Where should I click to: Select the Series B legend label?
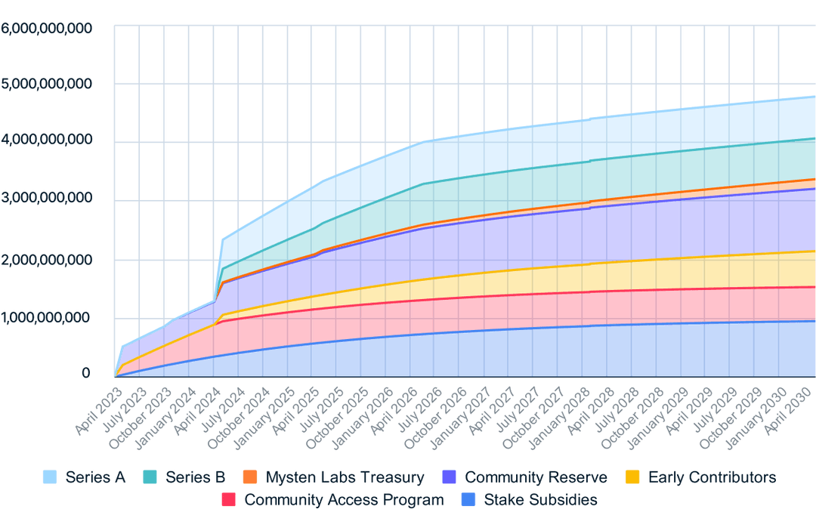pyautogui.click(x=195, y=477)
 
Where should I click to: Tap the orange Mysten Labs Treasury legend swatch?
pyautogui.click(x=251, y=477)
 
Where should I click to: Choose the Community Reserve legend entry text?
pyautogui.click(x=536, y=477)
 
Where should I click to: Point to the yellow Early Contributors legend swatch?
pyautogui.click(x=634, y=477)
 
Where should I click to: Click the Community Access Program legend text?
pyautogui.click(x=345, y=499)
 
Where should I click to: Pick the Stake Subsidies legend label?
pyautogui.click(x=540, y=499)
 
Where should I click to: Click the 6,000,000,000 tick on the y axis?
pyautogui.click(x=47, y=29)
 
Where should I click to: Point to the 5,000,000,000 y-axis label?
pyautogui.click(x=47, y=83)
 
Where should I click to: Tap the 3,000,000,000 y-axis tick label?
pyautogui.click(x=47, y=198)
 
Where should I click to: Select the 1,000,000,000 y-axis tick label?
pyautogui.click(x=47, y=317)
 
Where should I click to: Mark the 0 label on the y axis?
pyautogui.click(x=85, y=373)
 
